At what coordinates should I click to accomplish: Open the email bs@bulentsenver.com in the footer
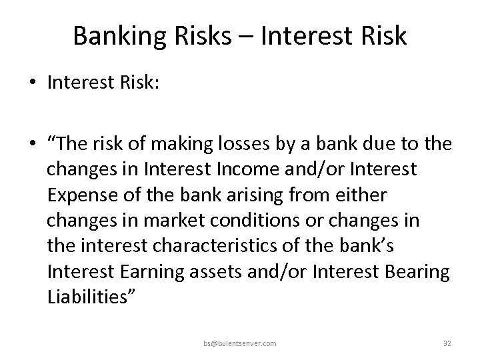(241, 343)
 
